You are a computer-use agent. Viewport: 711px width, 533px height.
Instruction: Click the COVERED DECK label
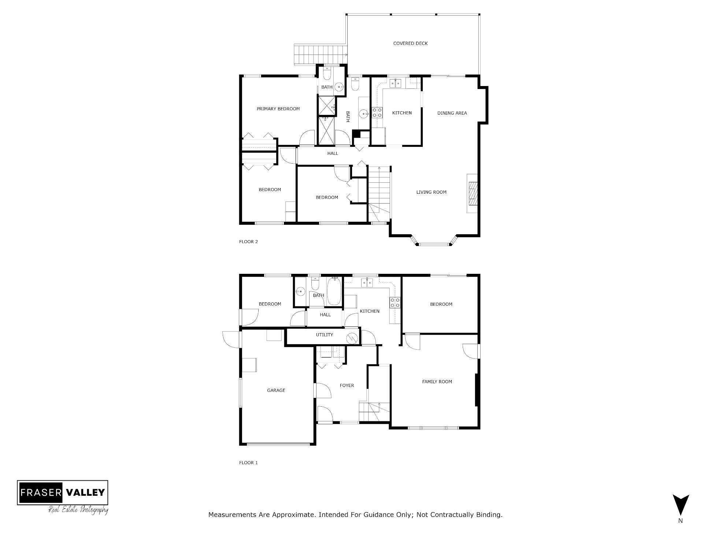coord(410,44)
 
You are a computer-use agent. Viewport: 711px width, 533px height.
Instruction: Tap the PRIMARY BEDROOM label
coord(278,109)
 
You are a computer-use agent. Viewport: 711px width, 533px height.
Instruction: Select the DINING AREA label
coord(452,113)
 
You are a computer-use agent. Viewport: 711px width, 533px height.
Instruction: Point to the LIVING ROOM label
coord(431,192)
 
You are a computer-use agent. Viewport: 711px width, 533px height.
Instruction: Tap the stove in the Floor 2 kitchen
coord(377,112)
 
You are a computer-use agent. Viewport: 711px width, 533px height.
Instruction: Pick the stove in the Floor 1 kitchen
coord(395,302)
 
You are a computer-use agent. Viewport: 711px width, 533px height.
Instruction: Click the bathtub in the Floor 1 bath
coord(334,291)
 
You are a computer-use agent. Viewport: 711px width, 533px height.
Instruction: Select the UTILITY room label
coord(324,335)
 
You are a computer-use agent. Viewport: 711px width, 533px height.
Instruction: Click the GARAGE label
coord(276,391)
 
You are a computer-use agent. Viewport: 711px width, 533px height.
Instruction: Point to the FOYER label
coord(347,385)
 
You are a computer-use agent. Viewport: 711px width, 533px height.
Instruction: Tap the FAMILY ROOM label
coord(437,382)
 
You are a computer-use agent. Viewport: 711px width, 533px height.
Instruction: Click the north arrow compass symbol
coord(680,505)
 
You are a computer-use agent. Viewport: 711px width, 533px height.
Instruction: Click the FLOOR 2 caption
coord(248,242)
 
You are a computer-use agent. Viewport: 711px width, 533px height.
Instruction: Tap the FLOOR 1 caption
coord(248,463)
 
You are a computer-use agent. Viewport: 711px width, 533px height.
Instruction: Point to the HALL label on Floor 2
coord(333,153)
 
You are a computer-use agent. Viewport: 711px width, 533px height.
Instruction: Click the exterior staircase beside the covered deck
coord(321,55)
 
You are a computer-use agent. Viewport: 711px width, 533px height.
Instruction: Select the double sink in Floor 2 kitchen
coord(395,83)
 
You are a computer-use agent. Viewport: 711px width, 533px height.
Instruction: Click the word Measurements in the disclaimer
coord(232,515)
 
